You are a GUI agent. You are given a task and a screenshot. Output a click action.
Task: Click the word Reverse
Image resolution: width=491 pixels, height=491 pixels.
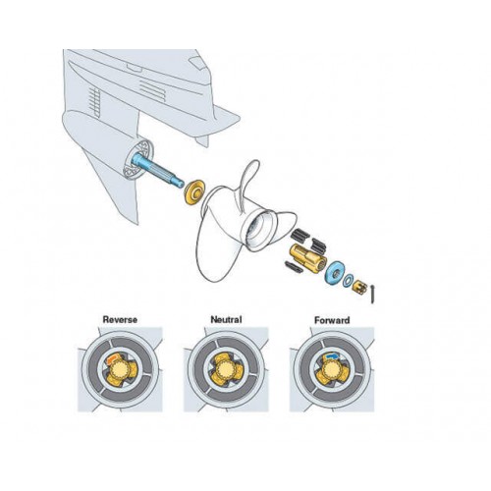click(x=120, y=319)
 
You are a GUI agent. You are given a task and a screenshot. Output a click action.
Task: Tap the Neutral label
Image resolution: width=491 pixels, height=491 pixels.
click(x=226, y=319)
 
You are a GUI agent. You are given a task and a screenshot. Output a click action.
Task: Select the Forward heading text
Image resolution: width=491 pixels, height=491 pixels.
click(x=332, y=320)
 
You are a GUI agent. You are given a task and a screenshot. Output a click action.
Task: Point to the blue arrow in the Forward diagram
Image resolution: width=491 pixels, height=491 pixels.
click(x=332, y=355)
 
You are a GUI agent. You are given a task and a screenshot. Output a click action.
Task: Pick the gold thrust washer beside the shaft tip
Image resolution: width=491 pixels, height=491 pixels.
click(x=193, y=192)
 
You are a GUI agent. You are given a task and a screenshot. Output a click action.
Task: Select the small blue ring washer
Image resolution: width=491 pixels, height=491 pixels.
click(x=348, y=280)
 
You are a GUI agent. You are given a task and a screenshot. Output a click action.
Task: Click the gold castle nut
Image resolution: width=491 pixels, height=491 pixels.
click(x=359, y=286)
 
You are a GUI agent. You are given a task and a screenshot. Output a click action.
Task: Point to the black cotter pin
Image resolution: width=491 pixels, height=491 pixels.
click(x=372, y=294)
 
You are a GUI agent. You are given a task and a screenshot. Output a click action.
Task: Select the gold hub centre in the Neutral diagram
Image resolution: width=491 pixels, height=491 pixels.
click(x=226, y=371)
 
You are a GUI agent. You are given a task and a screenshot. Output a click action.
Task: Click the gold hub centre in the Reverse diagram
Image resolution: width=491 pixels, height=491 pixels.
click(x=120, y=371)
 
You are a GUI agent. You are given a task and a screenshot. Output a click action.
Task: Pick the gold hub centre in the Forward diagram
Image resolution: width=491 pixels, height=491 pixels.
click(x=332, y=371)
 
